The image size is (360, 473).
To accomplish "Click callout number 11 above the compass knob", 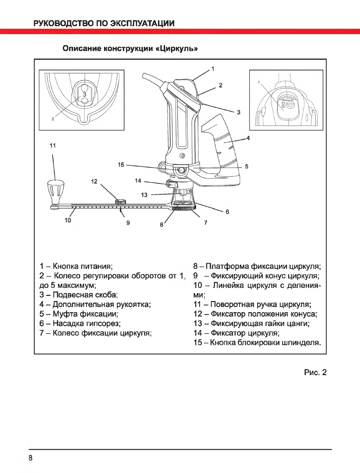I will pyautogui.click(x=53, y=146).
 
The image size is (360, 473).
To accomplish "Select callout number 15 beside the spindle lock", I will pyautogui.click(x=121, y=164).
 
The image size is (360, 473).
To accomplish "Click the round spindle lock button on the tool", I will pyautogui.click(x=181, y=170).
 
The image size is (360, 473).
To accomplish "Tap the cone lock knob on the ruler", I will pyautogui.click(x=120, y=202).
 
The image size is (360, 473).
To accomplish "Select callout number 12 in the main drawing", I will pyautogui.click(x=94, y=181).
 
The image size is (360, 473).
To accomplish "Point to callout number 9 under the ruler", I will pyautogui.click(x=128, y=223).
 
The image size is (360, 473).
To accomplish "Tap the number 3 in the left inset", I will pyautogui.click(x=85, y=95).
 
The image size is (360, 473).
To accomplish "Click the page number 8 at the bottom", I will pyautogui.click(x=30, y=458).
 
